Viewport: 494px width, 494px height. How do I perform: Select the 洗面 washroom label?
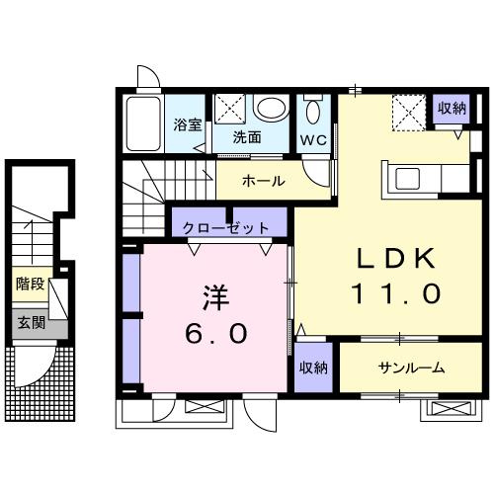[x=247, y=138]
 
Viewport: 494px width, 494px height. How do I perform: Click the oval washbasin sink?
[x=268, y=109]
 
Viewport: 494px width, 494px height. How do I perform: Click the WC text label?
[x=314, y=139]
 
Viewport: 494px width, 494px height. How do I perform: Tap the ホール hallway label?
[x=263, y=181]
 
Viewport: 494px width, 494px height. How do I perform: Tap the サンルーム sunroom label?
[x=411, y=368]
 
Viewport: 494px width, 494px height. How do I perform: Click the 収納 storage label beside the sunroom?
[x=314, y=368]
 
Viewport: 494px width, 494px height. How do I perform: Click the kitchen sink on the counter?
[x=408, y=178]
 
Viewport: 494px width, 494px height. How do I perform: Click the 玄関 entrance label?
[x=29, y=323]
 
